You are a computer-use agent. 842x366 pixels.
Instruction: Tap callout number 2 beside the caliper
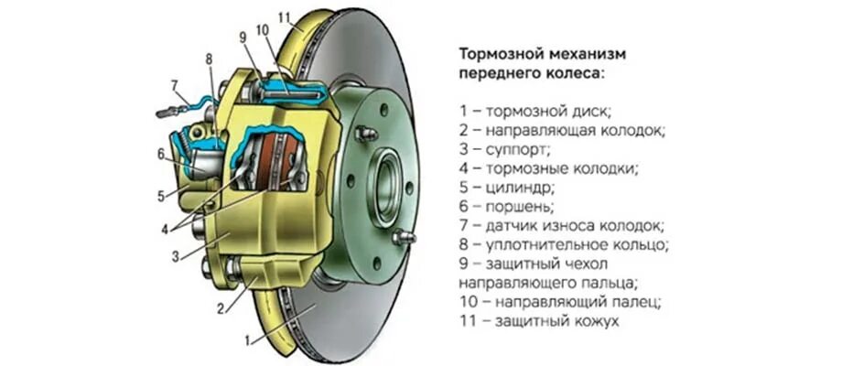[x=221, y=309]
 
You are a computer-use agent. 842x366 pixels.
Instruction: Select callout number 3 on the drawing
[x=175, y=256]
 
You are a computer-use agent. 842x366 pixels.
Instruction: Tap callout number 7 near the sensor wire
[x=174, y=85]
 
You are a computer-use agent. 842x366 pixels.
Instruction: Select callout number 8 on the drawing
[x=209, y=59]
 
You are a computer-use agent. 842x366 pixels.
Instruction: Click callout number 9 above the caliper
[x=243, y=37]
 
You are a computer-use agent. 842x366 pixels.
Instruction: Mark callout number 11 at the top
[x=285, y=17]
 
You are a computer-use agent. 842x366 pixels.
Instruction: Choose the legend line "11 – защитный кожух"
[x=539, y=322]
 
